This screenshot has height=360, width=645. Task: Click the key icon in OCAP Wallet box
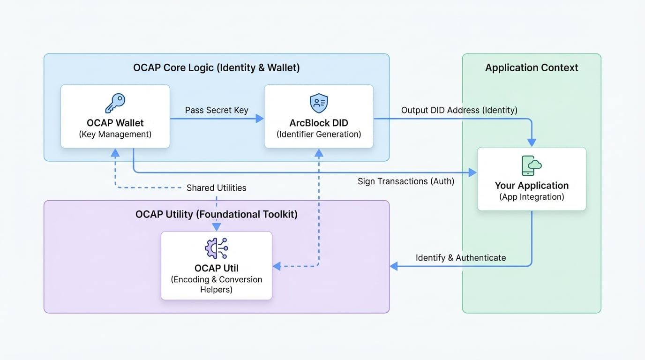(x=115, y=103)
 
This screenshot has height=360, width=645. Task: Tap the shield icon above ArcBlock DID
(x=319, y=103)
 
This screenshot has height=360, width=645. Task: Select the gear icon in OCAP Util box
(x=216, y=248)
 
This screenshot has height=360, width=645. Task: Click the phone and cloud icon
(x=532, y=165)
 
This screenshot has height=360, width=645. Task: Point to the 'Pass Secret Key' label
(x=217, y=110)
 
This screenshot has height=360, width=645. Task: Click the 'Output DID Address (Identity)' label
(x=459, y=110)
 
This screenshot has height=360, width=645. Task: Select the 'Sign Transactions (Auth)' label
(x=406, y=181)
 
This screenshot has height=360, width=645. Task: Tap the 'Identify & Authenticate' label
(x=461, y=258)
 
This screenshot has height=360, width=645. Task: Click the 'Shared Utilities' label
(x=216, y=188)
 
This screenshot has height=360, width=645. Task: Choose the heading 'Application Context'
(x=532, y=68)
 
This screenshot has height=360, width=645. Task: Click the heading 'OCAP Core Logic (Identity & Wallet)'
(x=216, y=68)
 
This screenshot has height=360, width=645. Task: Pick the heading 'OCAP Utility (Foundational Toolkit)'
(x=216, y=215)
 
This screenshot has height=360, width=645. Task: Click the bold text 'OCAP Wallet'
(x=115, y=123)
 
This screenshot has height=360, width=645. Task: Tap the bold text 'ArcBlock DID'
(x=319, y=123)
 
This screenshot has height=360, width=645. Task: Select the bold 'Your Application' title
(x=532, y=185)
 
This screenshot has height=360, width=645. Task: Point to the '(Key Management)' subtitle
(x=115, y=135)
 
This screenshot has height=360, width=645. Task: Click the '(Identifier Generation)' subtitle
(x=319, y=135)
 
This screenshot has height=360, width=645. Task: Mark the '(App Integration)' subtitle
(x=532, y=197)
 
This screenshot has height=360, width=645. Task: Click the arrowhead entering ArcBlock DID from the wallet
(x=260, y=119)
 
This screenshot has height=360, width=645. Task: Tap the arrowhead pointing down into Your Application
(x=532, y=142)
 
